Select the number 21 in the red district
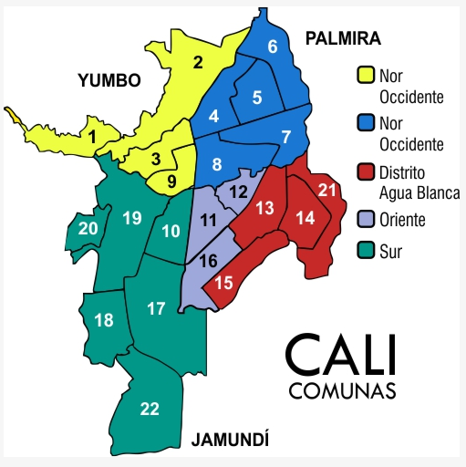tap(328, 189)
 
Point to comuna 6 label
tap(273, 47)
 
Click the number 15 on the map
tap(223, 284)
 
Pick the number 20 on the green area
tap(88, 228)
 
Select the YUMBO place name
tap(109, 80)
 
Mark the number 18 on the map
tap(104, 319)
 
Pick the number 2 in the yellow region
tap(197, 63)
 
